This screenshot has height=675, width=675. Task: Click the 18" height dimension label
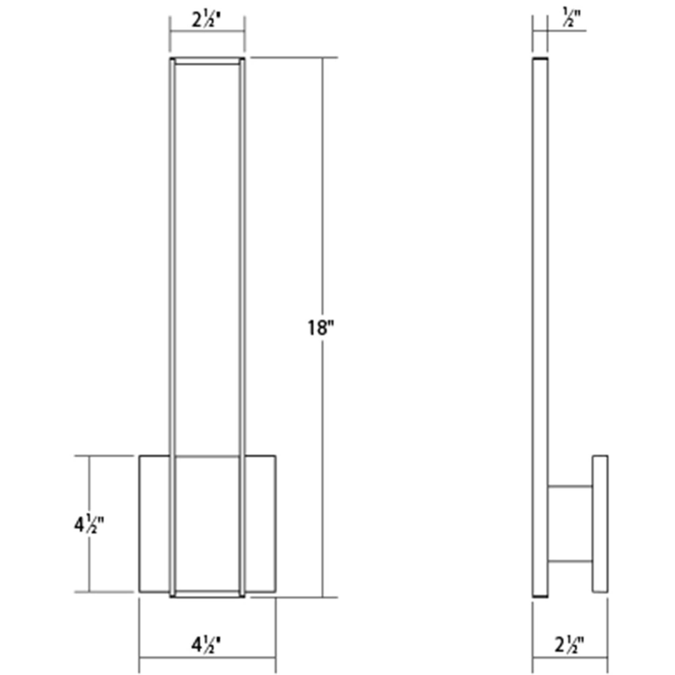(x=320, y=328)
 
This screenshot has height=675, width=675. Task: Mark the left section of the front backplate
(x=155, y=524)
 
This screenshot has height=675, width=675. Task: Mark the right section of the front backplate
(x=260, y=524)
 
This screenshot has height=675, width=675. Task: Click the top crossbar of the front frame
(x=207, y=61)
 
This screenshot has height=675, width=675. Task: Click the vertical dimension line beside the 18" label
(x=322, y=210)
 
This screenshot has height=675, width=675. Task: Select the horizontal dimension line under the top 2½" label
(x=207, y=31)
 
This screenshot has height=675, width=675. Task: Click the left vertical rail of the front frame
(x=172, y=279)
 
